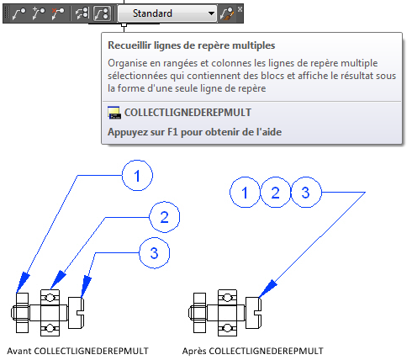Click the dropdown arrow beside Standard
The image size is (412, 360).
pyautogui.click(x=211, y=13)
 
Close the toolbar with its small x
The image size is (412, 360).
pyautogui.click(x=240, y=9)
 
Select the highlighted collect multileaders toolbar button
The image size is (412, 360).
pyautogui.click(x=102, y=13)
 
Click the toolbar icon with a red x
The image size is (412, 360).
pyautogui.click(x=58, y=13)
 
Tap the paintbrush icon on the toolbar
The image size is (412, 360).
pyautogui.click(x=227, y=13)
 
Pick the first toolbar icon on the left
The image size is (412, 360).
pyautogui.click(x=19, y=13)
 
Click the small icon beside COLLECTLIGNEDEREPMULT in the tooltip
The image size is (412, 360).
pyautogui.click(x=114, y=113)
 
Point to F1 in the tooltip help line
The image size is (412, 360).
pyautogui.click(x=172, y=132)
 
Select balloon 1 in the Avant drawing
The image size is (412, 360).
pyautogui.click(x=137, y=176)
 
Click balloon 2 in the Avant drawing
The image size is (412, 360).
pyautogui.click(x=165, y=217)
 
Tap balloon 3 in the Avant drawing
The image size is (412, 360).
pyautogui.click(x=155, y=253)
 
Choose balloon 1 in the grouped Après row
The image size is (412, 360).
pyautogui.click(x=245, y=193)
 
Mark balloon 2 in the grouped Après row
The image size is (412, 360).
pyautogui.click(x=275, y=193)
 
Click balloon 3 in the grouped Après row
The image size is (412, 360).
pyautogui.click(x=306, y=193)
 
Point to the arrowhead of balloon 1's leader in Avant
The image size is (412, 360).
pyautogui.click(x=23, y=282)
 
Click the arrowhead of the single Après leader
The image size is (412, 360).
pyautogui.click(x=267, y=289)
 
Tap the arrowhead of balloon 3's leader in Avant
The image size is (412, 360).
pyautogui.click(x=86, y=287)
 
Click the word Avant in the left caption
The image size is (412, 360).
pyautogui.click(x=19, y=351)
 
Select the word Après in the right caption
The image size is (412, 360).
pyautogui.click(x=194, y=351)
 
